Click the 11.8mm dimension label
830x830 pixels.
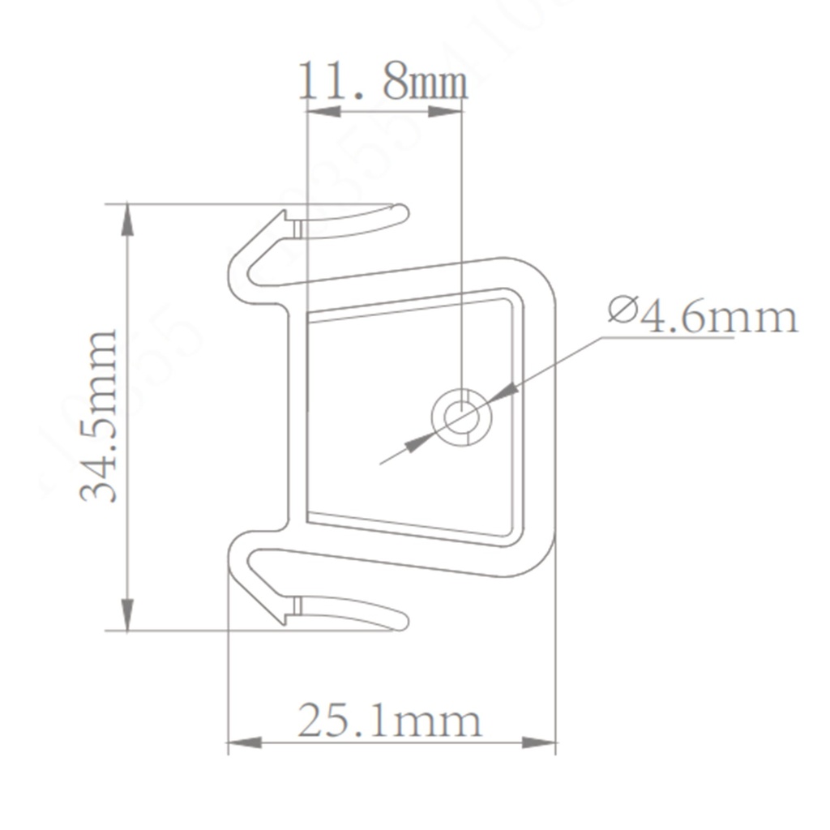click(383, 82)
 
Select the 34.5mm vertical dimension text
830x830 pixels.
click(100, 416)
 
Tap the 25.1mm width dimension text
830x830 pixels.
click(389, 720)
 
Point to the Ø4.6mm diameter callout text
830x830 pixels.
click(703, 315)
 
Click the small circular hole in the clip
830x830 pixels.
click(461, 418)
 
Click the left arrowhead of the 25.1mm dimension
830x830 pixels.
click(244, 742)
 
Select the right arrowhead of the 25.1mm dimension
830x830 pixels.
click(539, 742)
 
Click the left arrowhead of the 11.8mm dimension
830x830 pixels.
click(323, 110)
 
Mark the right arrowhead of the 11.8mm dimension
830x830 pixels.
click(445, 110)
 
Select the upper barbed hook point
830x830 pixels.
click(284, 214)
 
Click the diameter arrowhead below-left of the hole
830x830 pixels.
click(420, 442)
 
